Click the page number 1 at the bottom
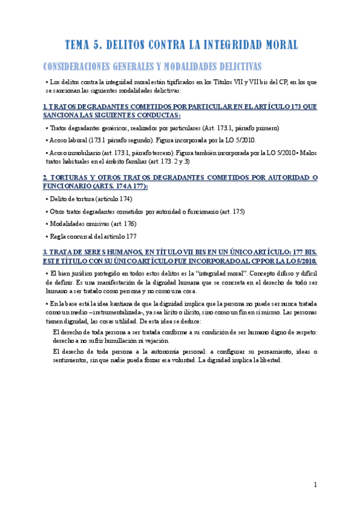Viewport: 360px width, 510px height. [316, 485]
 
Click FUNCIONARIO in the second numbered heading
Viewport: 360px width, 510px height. [70, 186]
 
